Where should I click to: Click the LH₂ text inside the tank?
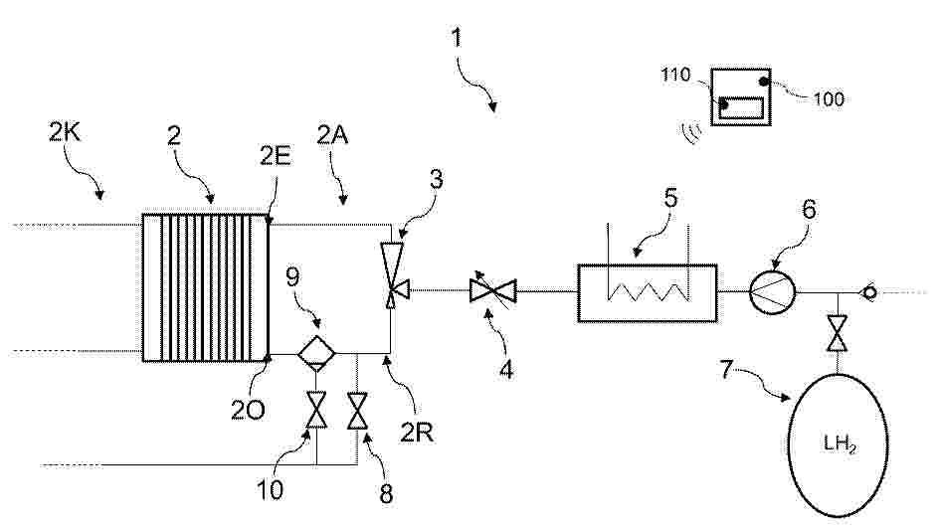coord(840,444)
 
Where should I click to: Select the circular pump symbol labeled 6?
coord(773,292)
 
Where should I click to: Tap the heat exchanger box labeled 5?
coord(647,293)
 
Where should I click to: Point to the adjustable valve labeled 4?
coord(493,291)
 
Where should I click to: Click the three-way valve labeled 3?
coord(395,274)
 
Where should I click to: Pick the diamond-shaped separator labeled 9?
coord(316,353)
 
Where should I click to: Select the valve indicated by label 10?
coord(316,410)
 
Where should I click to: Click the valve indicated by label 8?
coord(357,411)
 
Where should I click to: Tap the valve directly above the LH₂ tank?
coord(837,332)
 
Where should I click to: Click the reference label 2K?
coord(64,133)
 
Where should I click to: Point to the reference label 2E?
coord(276,156)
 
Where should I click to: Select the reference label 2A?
coord(332,135)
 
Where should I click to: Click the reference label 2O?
coord(248,411)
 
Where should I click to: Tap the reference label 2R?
coord(417,432)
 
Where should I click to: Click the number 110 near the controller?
coord(675,75)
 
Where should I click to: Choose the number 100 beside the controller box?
coord(829,98)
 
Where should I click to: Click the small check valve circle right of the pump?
coord(867,293)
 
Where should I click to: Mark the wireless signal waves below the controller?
coord(691,133)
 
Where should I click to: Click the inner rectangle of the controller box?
coord(743,106)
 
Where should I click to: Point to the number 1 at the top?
coord(457,38)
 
